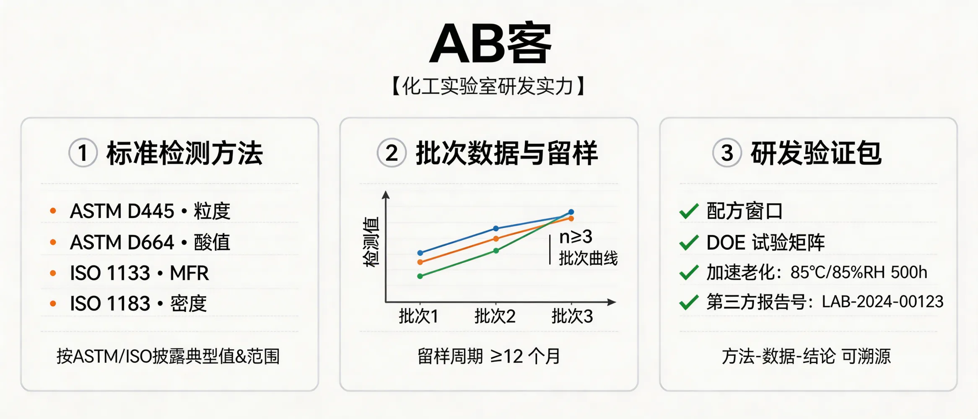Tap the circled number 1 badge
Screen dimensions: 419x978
(83, 153)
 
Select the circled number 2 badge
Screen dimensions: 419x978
(391, 153)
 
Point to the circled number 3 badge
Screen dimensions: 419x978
(727, 153)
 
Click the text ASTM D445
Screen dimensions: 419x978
(122, 211)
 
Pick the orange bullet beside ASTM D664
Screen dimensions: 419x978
(53, 242)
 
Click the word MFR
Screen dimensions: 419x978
(189, 273)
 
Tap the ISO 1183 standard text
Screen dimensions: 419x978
(110, 304)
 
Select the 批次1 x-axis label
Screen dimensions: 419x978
(418, 316)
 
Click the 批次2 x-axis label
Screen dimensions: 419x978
(495, 316)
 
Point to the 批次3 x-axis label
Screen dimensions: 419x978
(572, 316)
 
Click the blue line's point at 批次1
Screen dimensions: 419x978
(420, 253)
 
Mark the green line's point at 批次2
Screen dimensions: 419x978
(496, 251)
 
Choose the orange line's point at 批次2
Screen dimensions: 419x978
(496, 238)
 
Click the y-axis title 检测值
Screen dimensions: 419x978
(371, 242)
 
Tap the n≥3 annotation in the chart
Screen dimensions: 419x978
(576, 237)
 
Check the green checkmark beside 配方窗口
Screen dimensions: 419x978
(689, 211)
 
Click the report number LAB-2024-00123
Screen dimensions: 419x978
(882, 302)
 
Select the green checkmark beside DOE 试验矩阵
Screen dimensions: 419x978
(689, 243)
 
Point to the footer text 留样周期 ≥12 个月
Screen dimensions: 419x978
(489, 357)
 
